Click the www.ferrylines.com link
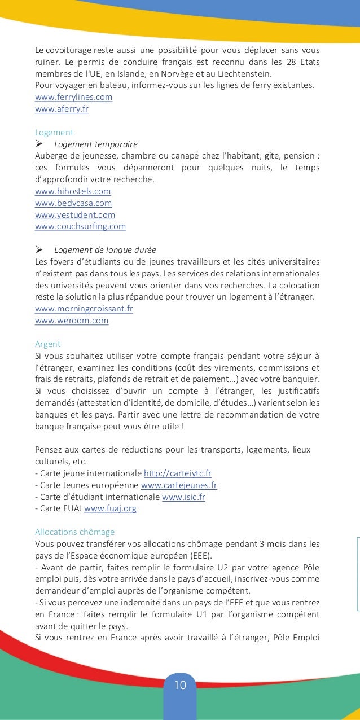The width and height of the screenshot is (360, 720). (x=73, y=97)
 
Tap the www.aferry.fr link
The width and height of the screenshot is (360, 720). (x=62, y=109)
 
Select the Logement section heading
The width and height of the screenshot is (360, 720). (x=54, y=133)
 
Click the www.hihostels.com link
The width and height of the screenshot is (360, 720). (x=72, y=191)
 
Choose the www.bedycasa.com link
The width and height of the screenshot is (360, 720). (x=73, y=203)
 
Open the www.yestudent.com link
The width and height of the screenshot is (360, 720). (x=74, y=215)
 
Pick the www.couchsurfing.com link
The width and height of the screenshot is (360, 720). (x=80, y=227)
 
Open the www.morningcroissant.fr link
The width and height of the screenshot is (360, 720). (x=84, y=309)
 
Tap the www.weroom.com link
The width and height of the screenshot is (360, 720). (x=71, y=321)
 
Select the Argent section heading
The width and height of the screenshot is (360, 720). (x=47, y=344)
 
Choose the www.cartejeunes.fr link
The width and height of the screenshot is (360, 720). (x=179, y=485)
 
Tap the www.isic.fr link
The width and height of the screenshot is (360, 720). (x=182, y=497)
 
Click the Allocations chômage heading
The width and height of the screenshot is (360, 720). (x=74, y=532)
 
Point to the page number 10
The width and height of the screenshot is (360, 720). (x=180, y=686)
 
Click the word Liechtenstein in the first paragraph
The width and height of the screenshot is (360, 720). (x=242, y=73)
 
